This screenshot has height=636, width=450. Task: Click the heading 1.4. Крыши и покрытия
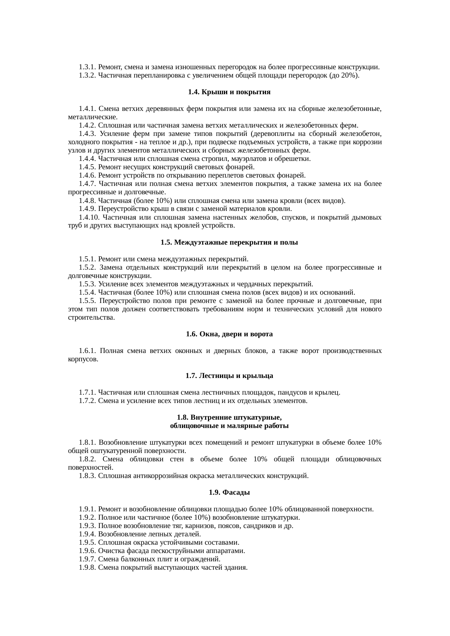pos(229,92)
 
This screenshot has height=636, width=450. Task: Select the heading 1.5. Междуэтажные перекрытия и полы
pos(229,242)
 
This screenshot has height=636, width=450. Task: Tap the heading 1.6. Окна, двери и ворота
pos(229,334)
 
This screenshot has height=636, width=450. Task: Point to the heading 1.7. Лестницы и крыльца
pos(229,376)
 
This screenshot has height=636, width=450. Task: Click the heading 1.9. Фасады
pos(229,492)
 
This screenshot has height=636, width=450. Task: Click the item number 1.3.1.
pos(87,67)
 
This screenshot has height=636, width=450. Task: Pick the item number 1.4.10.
pos(89,217)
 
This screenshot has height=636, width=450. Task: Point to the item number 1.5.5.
pos(87,301)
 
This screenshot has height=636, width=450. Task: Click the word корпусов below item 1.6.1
pos(82,359)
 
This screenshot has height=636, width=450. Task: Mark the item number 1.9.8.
pos(87,568)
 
